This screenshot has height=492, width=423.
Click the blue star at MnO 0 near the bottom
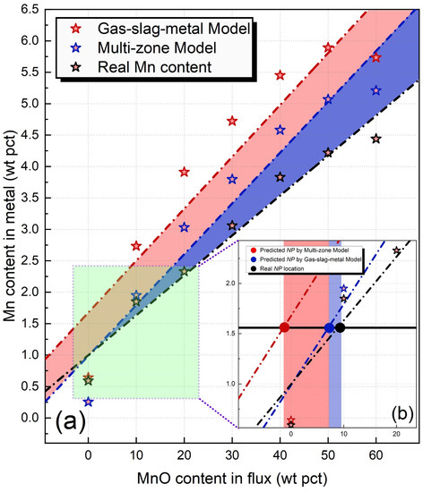[x=88, y=402]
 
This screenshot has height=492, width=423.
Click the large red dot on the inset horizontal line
[x=284, y=327]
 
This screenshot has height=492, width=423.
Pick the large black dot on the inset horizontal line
[x=340, y=327]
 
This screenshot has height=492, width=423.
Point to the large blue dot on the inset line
[x=329, y=327]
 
